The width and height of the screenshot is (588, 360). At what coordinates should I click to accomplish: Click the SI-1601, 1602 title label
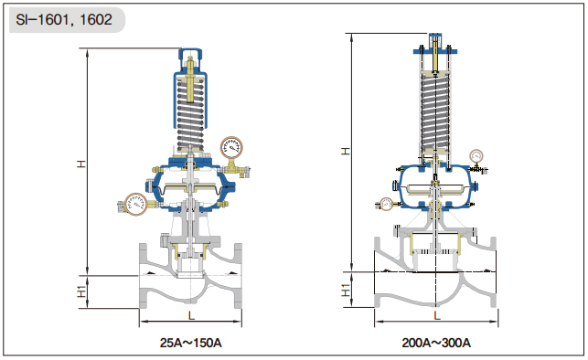point(64,19)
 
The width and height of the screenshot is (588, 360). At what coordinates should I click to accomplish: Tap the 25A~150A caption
point(190,343)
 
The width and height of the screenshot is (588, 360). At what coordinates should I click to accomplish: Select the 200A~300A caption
point(436,343)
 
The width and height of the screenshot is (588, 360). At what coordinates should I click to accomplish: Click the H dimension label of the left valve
point(81,164)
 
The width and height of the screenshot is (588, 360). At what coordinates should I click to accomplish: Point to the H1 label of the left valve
point(81,291)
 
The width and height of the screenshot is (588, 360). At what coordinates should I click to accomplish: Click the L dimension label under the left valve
point(191,316)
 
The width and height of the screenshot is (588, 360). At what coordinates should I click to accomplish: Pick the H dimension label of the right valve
point(346,151)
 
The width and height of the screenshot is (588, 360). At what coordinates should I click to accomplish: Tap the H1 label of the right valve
point(346,290)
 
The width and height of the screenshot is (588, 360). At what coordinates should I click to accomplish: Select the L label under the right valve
point(436,315)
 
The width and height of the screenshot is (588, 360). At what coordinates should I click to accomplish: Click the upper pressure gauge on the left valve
point(231,148)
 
